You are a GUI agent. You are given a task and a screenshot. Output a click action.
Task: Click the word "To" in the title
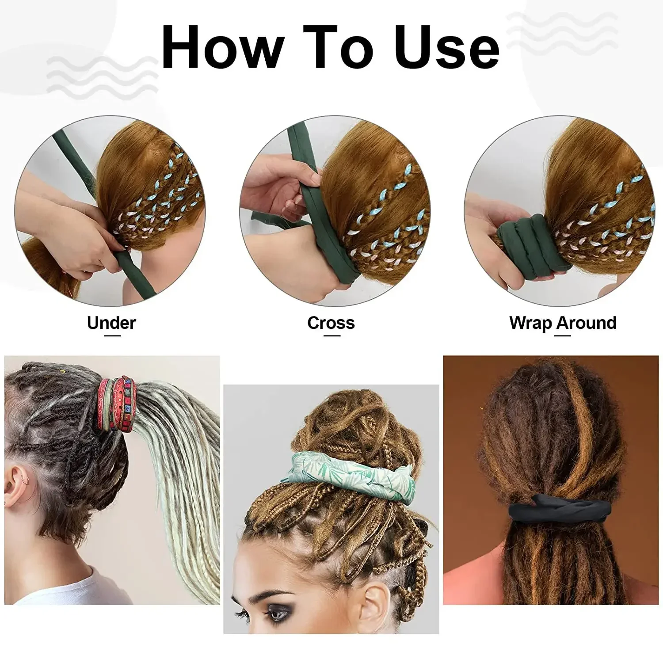[x=339, y=48]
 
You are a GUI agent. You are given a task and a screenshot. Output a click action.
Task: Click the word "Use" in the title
[x=446, y=48]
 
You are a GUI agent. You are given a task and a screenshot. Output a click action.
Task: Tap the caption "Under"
[x=111, y=323]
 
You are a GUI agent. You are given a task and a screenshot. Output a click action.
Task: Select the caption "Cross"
[x=331, y=323]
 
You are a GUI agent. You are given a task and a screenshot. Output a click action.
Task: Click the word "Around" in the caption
[x=587, y=323]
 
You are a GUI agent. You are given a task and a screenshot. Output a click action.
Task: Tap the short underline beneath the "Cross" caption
[x=331, y=336]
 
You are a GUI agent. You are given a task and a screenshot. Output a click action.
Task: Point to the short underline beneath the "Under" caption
[x=111, y=336]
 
